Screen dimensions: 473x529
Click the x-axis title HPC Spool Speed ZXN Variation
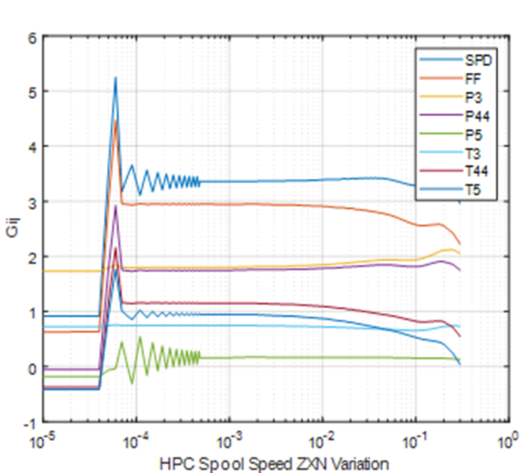coord(273,463)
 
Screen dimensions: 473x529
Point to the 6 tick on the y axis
coord(32,36)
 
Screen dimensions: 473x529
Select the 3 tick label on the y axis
coord(32,202)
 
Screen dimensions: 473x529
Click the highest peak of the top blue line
coord(115,77)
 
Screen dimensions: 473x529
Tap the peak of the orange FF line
coord(115,120)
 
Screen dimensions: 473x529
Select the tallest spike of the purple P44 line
coord(115,205)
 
